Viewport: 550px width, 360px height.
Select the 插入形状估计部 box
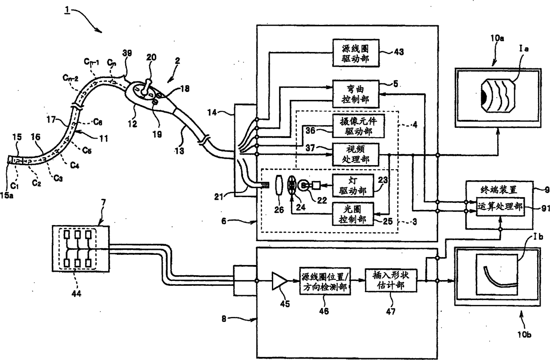pos(390,281)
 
